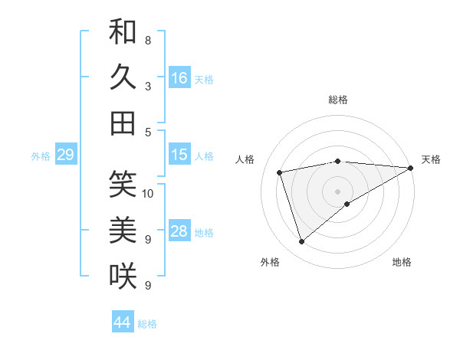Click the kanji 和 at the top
pyautogui.click(x=123, y=32)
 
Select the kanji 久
pyautogui.click(x=123, y=77)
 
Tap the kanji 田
pyautogui.click(x=123, y=123)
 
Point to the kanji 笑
pyautogui.click(x=123, y=184)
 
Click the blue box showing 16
pyautogui.click(x=179, y=78)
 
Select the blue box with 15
pyautogui.click(x=179, y=155)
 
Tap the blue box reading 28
pyautogui.click(x=179, y=232)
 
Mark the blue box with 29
pyautogui.click(x=65, y=155)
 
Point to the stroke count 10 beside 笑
pyautogui.click(x=148, y=194)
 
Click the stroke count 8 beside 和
pyautogui.click(x=148, y=40)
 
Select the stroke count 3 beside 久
pyautogui.click(x=148, y=87)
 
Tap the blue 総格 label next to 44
pyautogui.click(x=147, y=324)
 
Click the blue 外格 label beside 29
pyautogui.click(x=41, y=156)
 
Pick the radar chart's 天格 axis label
pyautogui.click(x=431, y=159)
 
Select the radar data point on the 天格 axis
pyautogui.click(x=410, y=169)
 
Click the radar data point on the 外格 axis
pyautogui.click(x=301, y=242)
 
